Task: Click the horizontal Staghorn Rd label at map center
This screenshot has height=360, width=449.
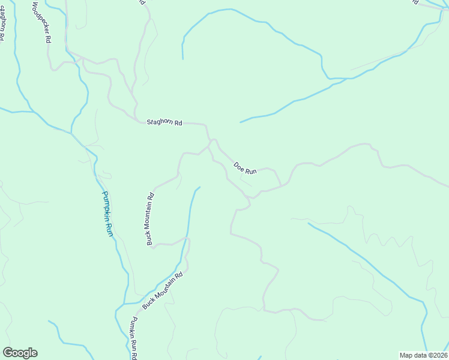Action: click(x=164, y=122)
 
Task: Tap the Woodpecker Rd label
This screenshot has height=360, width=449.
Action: click(x=41, y=22)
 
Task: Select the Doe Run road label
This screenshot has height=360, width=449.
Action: click(x=245, y=168)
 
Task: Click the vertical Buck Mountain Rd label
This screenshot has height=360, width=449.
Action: click(x=151, y=219)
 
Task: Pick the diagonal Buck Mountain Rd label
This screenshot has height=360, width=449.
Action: click(x=162, y=291)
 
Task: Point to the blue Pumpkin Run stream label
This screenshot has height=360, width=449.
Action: click(x=107, y=213)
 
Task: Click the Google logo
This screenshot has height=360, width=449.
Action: click(x=20, y=353)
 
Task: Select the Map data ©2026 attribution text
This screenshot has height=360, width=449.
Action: click(x=423, y=355)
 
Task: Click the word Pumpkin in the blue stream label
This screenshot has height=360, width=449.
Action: click(x=105, y=204)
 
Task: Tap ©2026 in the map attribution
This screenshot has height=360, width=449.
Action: click(x=436, y=355)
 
